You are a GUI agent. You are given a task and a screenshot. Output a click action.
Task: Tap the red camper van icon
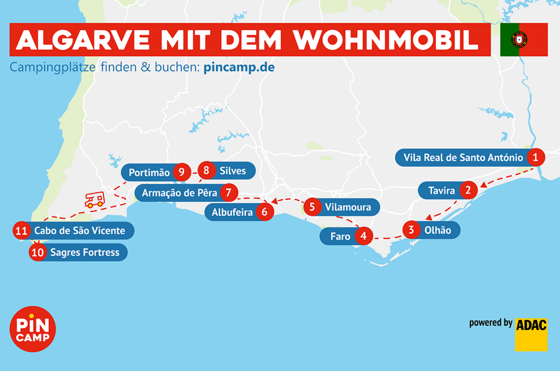coord(94,200)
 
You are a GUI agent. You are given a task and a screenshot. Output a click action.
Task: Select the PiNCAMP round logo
coord(33,329)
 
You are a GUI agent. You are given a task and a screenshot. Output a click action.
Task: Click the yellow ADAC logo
coord(531,334)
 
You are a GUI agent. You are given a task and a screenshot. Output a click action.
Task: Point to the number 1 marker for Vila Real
coord(535,157)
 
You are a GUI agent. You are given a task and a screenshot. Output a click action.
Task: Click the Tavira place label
coord(441,191)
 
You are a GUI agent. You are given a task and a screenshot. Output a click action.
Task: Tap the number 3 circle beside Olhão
coord(411,230)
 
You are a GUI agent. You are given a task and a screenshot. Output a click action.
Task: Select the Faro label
coord(340,236)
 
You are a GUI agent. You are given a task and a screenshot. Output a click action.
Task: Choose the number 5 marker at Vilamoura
coord(312,207)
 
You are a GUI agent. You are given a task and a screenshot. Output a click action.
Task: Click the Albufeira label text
coord(232,212)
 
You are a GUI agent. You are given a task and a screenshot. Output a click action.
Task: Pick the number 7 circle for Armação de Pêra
coord(229,192)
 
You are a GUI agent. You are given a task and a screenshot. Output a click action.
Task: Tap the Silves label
coord(232,171)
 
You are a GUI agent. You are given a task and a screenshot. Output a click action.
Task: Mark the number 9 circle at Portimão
coord(181,172)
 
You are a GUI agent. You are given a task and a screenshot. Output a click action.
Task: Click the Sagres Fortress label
coord(85,252)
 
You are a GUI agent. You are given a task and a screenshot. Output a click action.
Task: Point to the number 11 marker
coord(21,231)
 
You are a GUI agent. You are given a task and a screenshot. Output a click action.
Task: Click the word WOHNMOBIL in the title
coord(385,40)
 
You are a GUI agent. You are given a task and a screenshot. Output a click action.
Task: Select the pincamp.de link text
coord(239,67)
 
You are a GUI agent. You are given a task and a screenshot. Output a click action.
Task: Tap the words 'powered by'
coord(490,323)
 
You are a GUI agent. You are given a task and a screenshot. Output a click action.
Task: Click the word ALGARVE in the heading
coord(83,40)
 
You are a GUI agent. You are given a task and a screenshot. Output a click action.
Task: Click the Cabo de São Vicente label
coord(79,230)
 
